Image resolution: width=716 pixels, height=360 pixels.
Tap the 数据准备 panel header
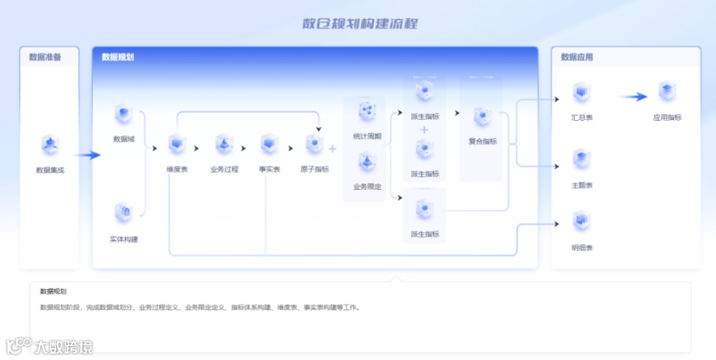click(x=45, y=57)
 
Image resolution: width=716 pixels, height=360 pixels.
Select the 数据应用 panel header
click(x=577, y=57)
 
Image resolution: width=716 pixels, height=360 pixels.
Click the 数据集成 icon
click(x=50, y=145)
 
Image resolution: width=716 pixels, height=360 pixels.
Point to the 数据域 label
click(x=124, y=139)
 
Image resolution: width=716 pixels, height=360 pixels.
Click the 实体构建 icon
click(x=124, y=213)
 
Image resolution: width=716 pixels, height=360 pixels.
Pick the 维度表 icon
click(x=177, y=144)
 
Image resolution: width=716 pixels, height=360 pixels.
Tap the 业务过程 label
click(x=224, y=170)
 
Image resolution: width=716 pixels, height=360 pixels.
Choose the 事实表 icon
click(x=269, y=144)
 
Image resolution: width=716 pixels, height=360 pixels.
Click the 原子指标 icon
click(x=314, y=144)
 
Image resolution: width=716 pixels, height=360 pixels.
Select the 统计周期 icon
click(x=367, y=111)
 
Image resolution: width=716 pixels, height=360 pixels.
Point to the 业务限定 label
click(x=367, y=187)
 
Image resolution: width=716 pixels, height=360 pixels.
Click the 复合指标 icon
click(x=482, y=117)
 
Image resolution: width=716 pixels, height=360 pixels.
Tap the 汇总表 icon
click(x=581, y=93)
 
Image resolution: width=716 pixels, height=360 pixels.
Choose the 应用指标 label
click(x=667, y=118)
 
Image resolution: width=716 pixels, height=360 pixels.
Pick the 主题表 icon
click(x=581, y=160)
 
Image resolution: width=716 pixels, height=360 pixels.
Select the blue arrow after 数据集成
click(x=87, y=155)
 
